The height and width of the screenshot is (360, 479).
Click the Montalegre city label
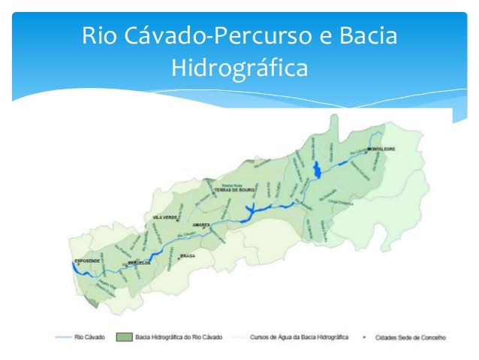point(381,149)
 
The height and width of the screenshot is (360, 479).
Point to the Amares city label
point(201,225)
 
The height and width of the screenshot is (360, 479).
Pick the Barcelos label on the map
point(140,263)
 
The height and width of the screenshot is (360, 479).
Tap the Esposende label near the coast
point(87,261)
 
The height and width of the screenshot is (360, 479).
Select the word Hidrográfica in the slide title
point(239,68)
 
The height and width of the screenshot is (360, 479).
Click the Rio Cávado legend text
point(90,337)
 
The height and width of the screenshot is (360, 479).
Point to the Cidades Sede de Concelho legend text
point(409,337)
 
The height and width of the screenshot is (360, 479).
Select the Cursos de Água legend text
point(297,337)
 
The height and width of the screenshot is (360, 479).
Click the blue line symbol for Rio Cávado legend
point(63,337)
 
